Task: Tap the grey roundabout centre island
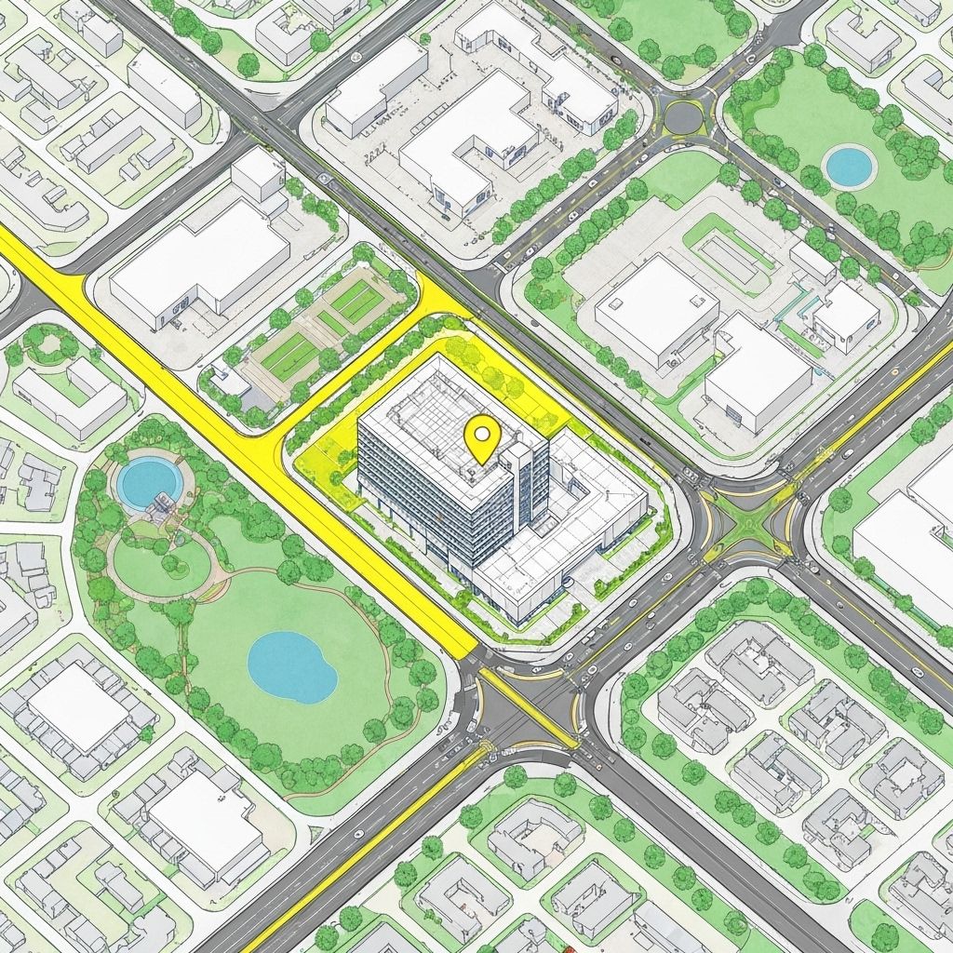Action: pyautogui.click(x=683, y=116)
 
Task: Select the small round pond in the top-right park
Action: pyautogui.click(x=849, y=167)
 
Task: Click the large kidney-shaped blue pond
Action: pyautogui.click(x=291, y=666)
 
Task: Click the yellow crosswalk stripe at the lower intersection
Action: pyautogui.click(x=527, y=706)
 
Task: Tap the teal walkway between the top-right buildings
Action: pyautogui.click(x=799, y=302)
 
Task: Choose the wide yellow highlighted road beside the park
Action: pyautogui.click(x=233, y=437)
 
